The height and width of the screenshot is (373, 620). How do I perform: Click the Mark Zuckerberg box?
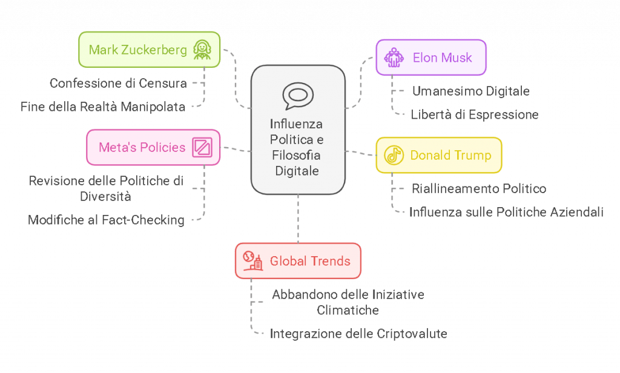(149, 50)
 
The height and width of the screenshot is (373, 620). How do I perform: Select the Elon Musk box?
(430, 58)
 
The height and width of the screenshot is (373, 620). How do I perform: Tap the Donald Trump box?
(438, 155)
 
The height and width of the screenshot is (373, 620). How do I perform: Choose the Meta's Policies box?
(153, 147)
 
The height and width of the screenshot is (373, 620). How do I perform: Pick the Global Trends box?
(297, 261)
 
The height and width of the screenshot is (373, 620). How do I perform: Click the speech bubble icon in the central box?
(297, 96)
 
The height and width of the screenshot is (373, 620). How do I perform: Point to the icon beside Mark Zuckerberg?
(202, 50)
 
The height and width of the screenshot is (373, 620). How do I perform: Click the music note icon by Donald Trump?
(394, 155)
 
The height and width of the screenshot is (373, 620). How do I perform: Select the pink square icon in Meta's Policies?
(202, 147)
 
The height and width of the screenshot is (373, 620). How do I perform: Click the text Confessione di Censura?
(119, 83)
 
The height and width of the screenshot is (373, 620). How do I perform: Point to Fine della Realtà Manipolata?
(103, 107)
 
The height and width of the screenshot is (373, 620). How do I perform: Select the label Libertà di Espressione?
(474, 114)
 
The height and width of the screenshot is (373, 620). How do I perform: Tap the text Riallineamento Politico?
(479, 189)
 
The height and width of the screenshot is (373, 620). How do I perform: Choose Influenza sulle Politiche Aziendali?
(506, 212)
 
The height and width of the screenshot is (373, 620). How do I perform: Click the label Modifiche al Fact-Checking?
(107, 220)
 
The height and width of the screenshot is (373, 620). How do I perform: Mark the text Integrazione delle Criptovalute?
(358, 334)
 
